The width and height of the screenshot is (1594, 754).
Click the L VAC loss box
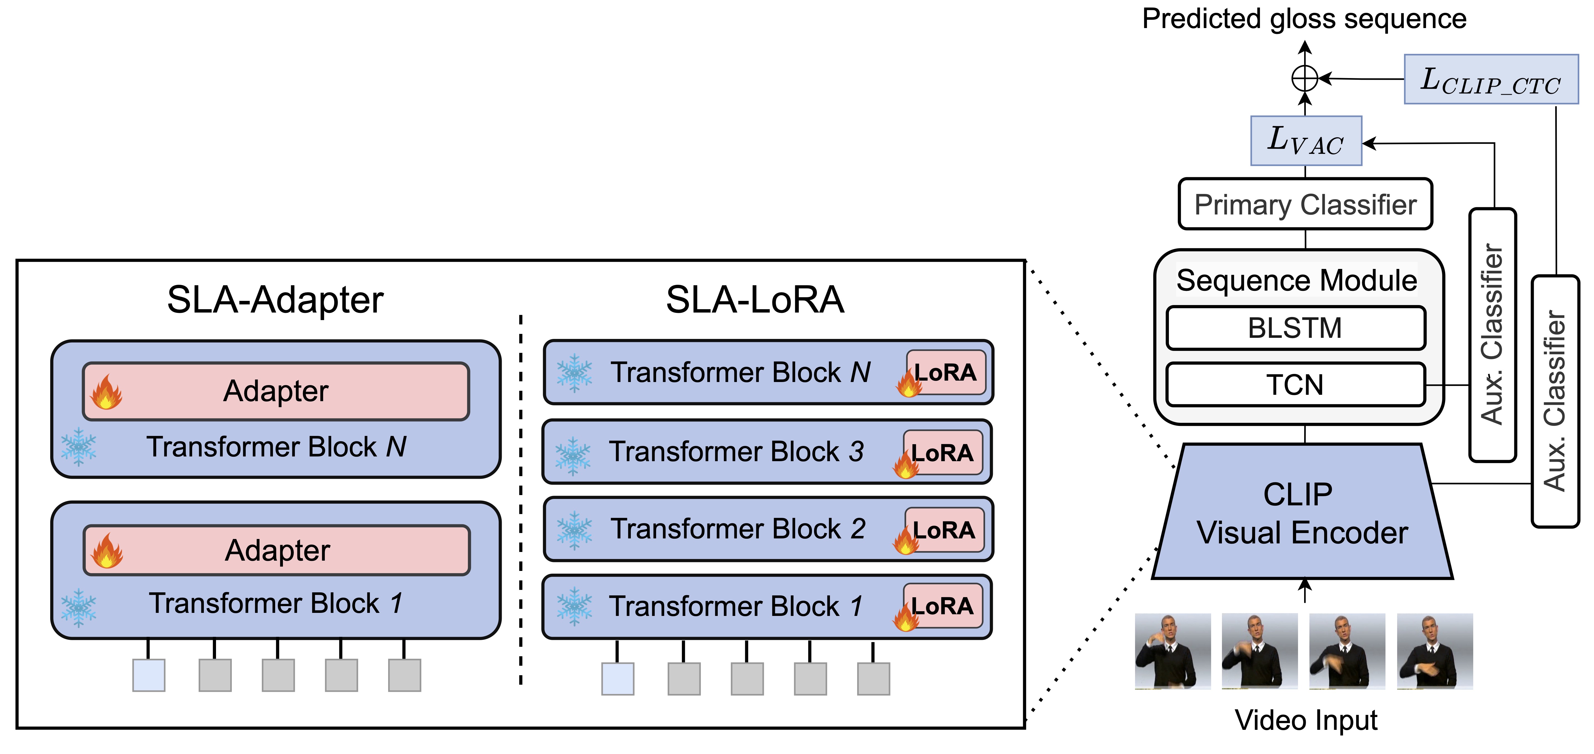(x=1306, y=141)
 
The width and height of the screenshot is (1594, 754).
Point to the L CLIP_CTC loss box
(x=1491, y=79)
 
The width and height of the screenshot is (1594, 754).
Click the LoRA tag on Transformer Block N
(x=945, y=372)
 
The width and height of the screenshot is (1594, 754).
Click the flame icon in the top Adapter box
(x=106, y=392)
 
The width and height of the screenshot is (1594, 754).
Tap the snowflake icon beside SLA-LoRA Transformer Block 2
(x=574, y=530)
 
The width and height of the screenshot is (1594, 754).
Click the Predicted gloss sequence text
(x=1304, y=19)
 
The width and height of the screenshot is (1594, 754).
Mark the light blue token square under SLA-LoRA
(x=617, y=678)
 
